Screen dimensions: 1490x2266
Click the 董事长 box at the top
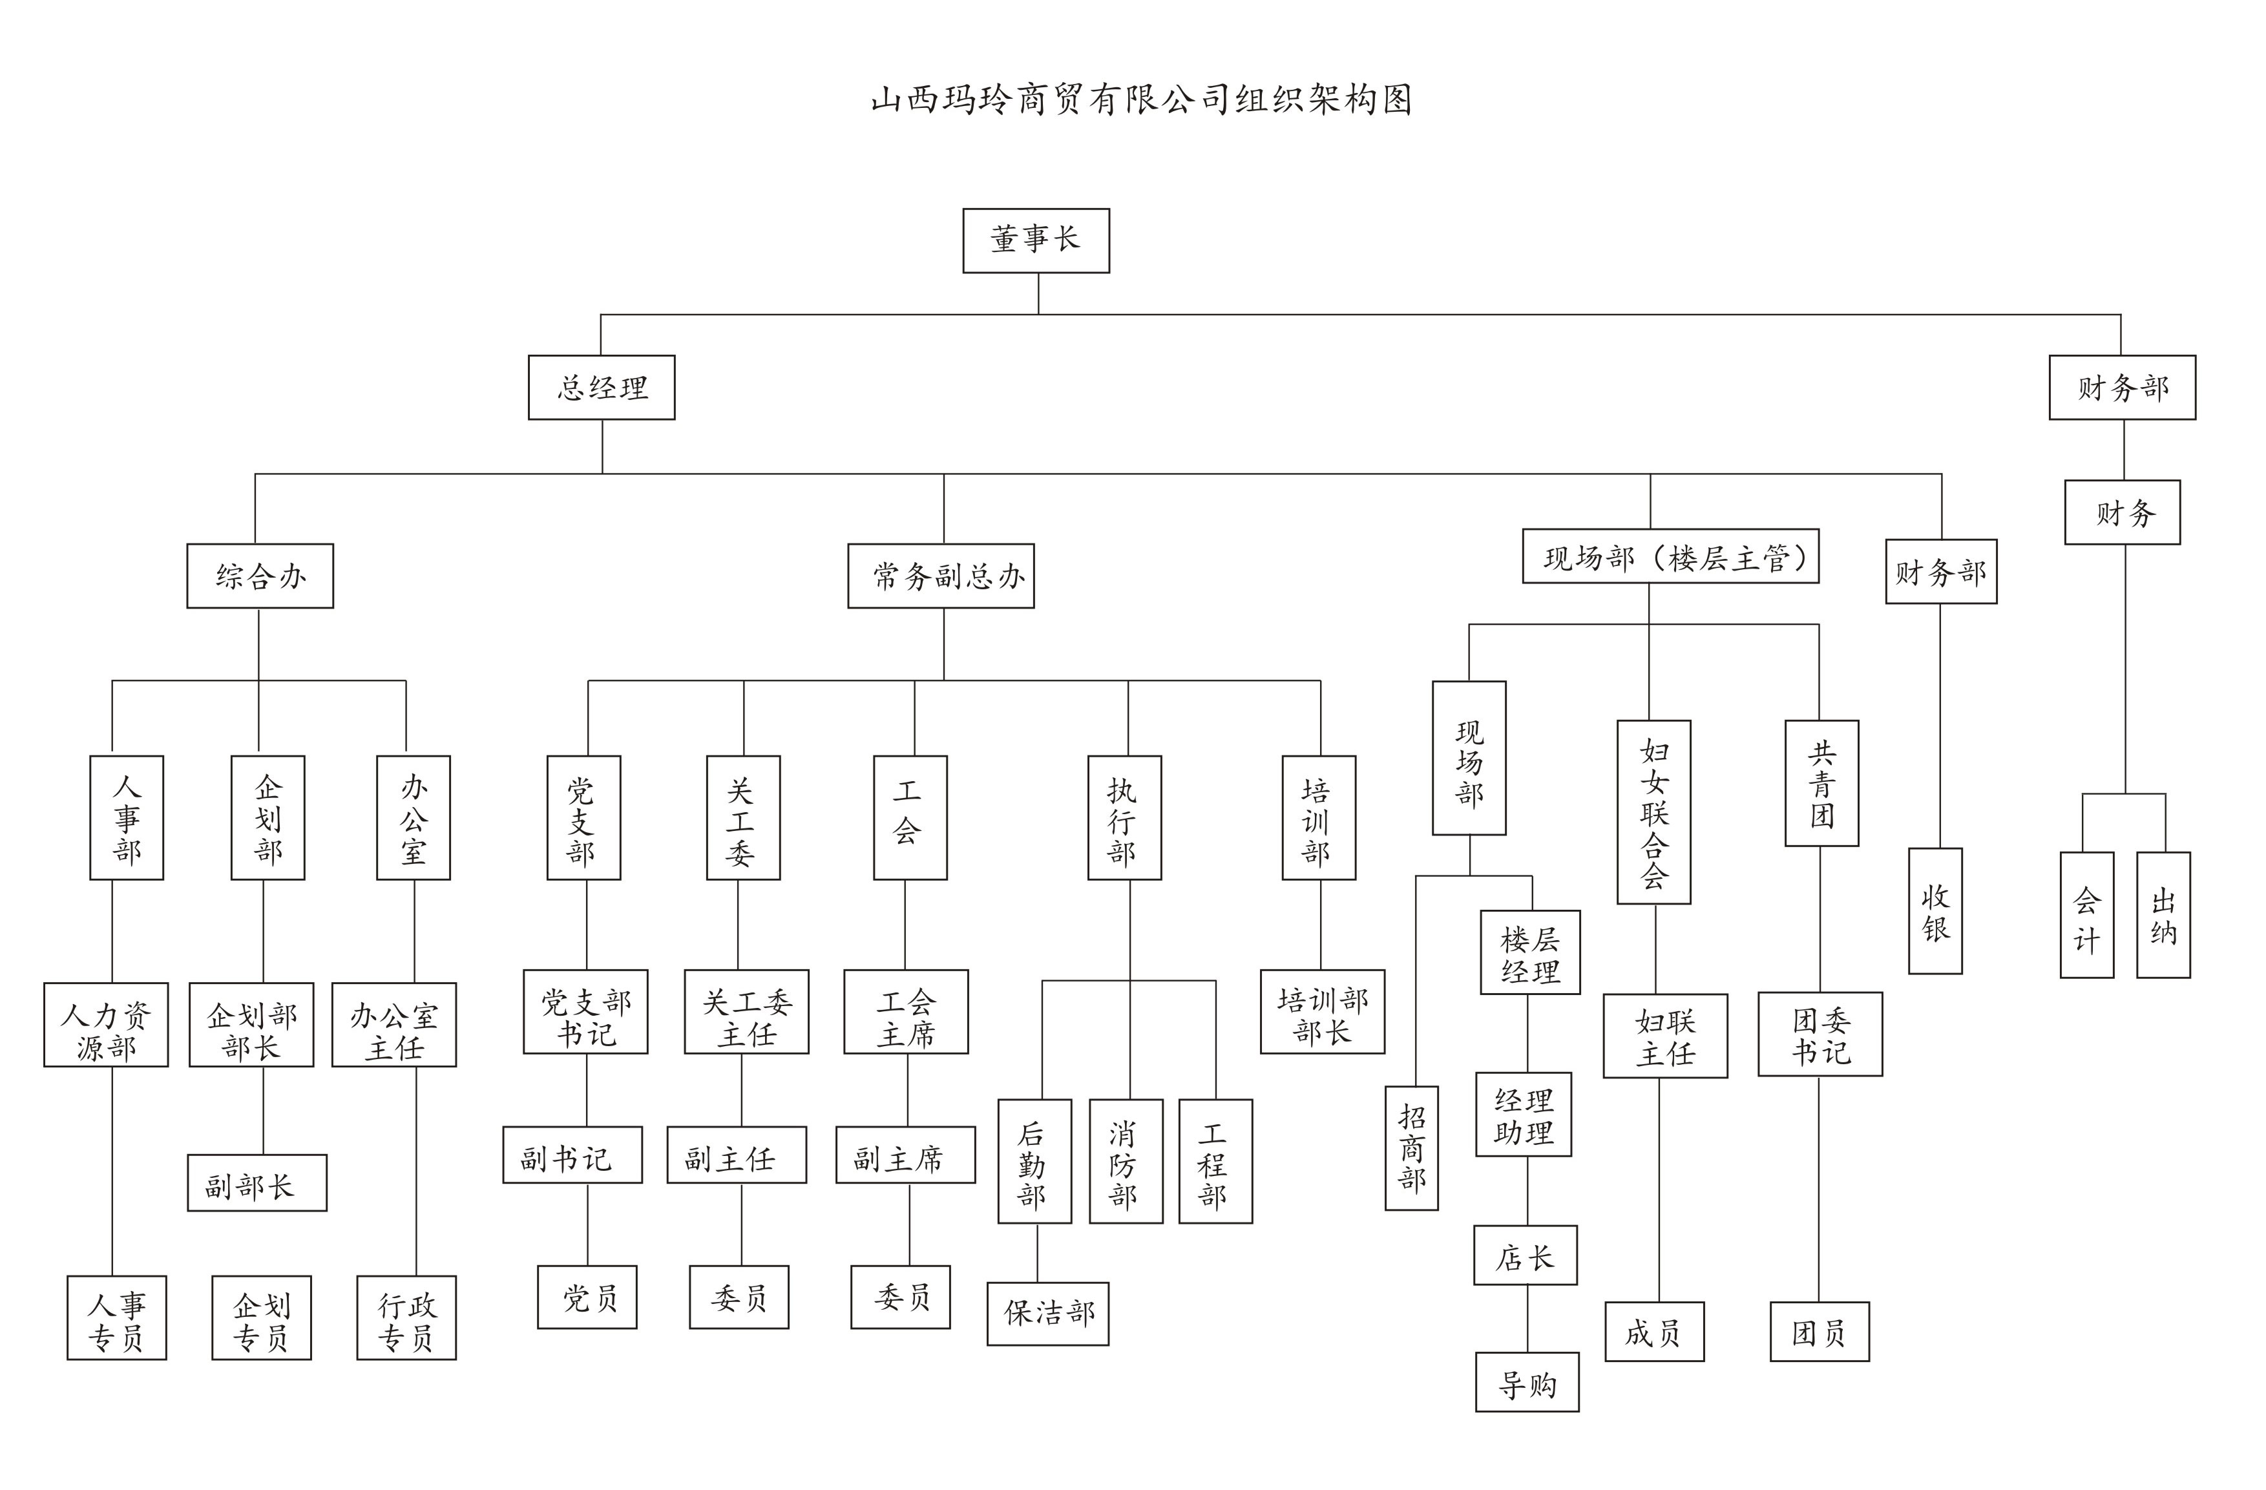point(1036,241)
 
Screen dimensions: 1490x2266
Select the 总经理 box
point(602,388)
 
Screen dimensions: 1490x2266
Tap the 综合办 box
point(260,576)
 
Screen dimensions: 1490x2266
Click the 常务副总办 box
point(941,576)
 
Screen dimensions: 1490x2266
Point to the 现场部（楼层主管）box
point(1670,557)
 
